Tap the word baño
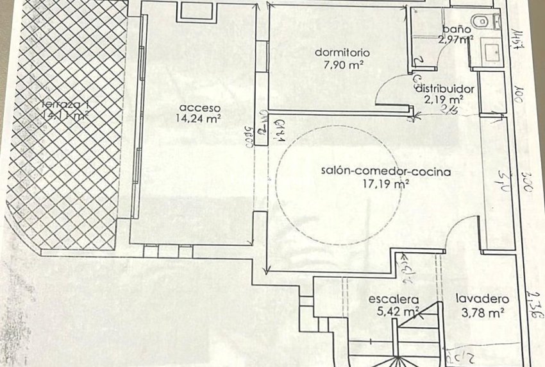click(457, 29)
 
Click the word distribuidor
click(444, 89)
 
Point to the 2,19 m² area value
click(448, 99)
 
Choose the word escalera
click(394, 299)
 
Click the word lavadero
click(482, 299)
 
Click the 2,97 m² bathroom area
click(456, 40)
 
